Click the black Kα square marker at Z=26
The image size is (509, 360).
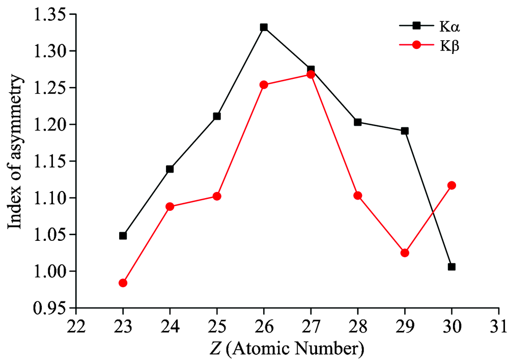tap(264, 27)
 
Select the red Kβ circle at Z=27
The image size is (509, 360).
tap(310, 74)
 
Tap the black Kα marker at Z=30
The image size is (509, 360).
tap(451, 267)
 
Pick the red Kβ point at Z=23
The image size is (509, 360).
tap(123, 283)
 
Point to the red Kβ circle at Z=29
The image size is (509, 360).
tap(405, 253)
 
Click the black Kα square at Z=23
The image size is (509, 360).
tap(123, 236)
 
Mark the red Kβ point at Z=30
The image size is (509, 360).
tap(451, 185)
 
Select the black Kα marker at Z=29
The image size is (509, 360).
tap(405, 131)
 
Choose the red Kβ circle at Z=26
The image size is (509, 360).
tap(264, 85)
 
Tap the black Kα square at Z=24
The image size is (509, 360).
tap(170, 169)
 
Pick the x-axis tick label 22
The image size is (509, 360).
tap(76, 324)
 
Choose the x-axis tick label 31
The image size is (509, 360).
tap(498, 324)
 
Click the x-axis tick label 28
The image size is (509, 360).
tap(357, 324)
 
